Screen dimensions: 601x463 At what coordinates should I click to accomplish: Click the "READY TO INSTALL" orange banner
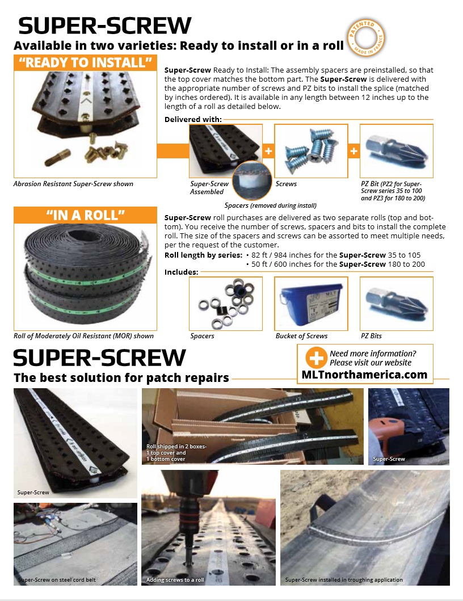(85, 62)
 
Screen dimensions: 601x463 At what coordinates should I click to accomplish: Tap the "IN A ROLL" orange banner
(85, 216)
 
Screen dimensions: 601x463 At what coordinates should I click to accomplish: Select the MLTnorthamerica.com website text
(364, 375)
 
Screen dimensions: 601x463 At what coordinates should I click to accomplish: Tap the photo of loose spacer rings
(226, 303)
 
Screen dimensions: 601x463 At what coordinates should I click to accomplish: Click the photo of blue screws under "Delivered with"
(310, 150)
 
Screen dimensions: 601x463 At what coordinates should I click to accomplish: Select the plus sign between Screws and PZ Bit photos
(353, 151)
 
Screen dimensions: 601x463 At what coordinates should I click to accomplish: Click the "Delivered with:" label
(193, 119)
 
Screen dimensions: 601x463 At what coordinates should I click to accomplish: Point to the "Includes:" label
(181, 272)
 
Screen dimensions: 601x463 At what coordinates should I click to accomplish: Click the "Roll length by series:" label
(203, 255)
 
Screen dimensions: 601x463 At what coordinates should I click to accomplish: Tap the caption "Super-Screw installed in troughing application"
(344, 580)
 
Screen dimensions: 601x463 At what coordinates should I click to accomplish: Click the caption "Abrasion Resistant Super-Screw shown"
(73, 184)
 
